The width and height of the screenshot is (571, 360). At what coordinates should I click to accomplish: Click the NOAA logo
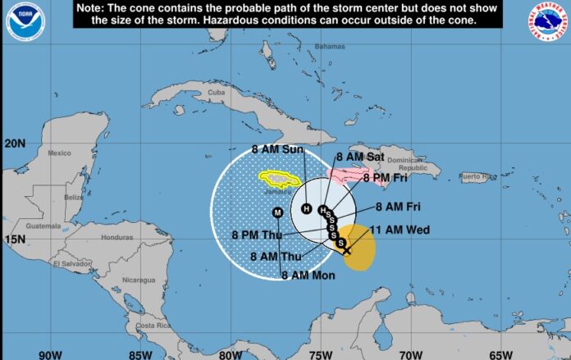click(25, 22)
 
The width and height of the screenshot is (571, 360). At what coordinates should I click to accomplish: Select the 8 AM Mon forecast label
click(308, 276)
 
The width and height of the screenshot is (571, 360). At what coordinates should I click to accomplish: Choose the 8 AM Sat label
click(360, 156)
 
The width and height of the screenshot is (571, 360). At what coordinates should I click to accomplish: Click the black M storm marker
click(277, 212)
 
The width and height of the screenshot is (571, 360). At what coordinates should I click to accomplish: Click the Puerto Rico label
click(477, 176)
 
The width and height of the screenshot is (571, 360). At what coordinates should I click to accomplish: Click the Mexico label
click(59, 153)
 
